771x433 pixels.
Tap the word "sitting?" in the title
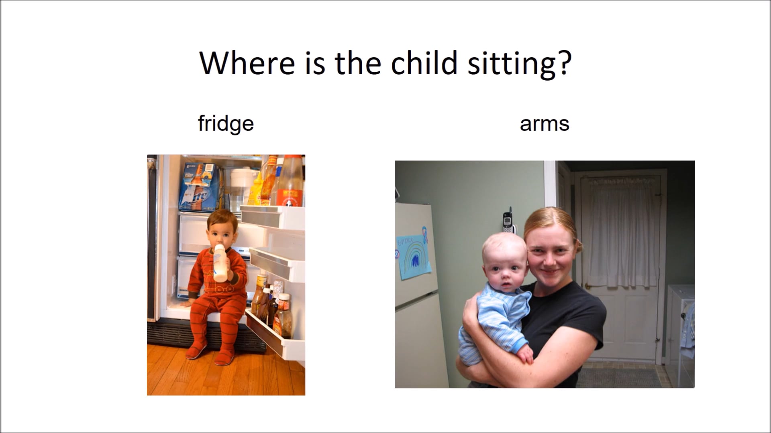tap(519, 64)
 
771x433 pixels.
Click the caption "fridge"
tap(226, 123)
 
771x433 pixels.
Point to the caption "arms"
tap(545, 124)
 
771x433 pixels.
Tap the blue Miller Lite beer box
tap(200, 187)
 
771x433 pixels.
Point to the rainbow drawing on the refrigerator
tap(414, 256)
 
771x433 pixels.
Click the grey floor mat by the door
tap(620, 378)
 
